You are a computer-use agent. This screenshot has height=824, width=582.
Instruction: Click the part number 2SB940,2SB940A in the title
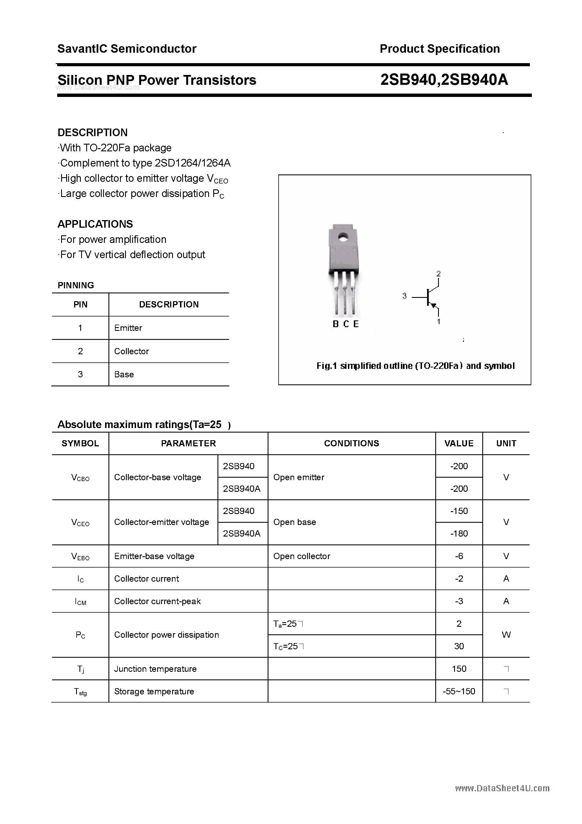(x=444, y=80)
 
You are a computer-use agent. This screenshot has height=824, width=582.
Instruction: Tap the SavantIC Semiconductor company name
(x=127, y=48)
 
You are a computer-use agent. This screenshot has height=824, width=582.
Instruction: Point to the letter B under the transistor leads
(x=336, y=324)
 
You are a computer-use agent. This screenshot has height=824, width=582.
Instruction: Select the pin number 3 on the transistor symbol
(x=405, y=296)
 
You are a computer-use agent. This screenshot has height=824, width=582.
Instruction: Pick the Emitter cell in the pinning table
(x=128, y=328)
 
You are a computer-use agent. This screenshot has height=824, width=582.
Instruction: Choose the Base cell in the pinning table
(x=124, y=374)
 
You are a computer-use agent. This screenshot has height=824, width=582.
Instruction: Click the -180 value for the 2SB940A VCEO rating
(x=459, y=533)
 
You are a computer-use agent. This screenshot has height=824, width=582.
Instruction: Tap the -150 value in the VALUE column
(x=459, y=511)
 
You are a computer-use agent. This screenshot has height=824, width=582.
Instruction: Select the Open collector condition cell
(x=301, y=556)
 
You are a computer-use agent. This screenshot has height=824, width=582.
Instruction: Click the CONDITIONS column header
(x=351, y=443)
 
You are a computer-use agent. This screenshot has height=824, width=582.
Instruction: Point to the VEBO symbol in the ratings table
(x=80, y=556)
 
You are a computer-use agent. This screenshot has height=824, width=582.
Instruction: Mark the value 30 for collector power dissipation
(x=459, y=646)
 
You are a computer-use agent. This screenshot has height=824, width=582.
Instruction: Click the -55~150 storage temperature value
(x=459, y=691)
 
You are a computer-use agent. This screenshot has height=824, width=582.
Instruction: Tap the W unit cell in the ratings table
(x=506, y=635)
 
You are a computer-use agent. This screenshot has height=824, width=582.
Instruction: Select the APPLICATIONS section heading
(x=95, y=224)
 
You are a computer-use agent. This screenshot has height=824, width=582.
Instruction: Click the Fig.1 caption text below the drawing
(x=415, y=366)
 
